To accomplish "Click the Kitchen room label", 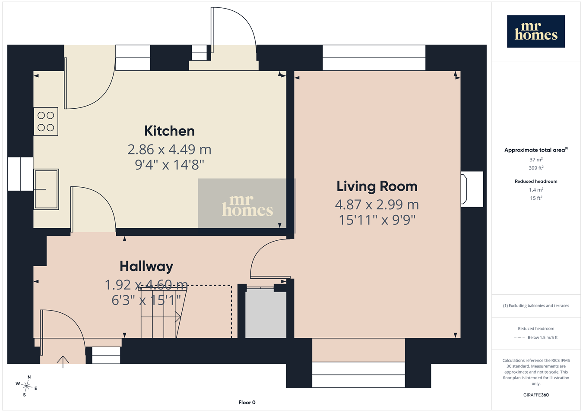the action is coord(169,131).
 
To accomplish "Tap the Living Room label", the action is coord(377,186).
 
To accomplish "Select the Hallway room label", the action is coord(146,267).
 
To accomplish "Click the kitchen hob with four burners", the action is coord(46,121).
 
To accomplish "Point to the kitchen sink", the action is coord(46,189).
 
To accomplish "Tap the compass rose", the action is coord(26,386).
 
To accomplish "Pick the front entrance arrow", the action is coord(63,362).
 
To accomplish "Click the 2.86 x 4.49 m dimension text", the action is coord(169,149).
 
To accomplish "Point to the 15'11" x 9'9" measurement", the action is coord(377,220).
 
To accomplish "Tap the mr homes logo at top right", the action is coord(536,31).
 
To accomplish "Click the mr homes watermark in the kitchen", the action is coord(247,206).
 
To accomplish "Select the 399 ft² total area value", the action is coord(536,168).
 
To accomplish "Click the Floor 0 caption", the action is coord(247,403).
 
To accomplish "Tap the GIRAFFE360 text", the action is coord(536,395).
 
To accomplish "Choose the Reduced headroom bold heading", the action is coord(536,182).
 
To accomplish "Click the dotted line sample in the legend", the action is coord(520,338).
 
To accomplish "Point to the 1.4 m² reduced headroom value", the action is coord(536,190).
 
